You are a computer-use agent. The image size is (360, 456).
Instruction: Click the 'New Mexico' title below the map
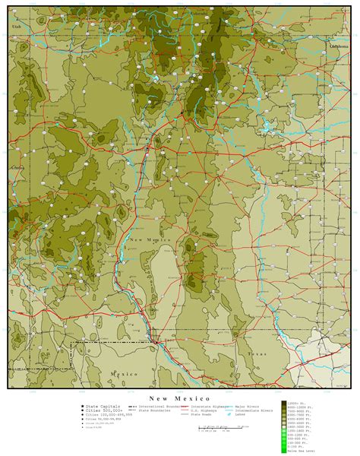(x=179, y=398)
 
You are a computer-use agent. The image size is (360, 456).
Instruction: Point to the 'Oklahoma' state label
(x=339, y=45)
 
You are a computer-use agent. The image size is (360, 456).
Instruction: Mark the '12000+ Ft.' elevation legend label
(x=297, y=403)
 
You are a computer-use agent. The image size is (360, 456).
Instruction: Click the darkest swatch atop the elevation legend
(x=284, y=403)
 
